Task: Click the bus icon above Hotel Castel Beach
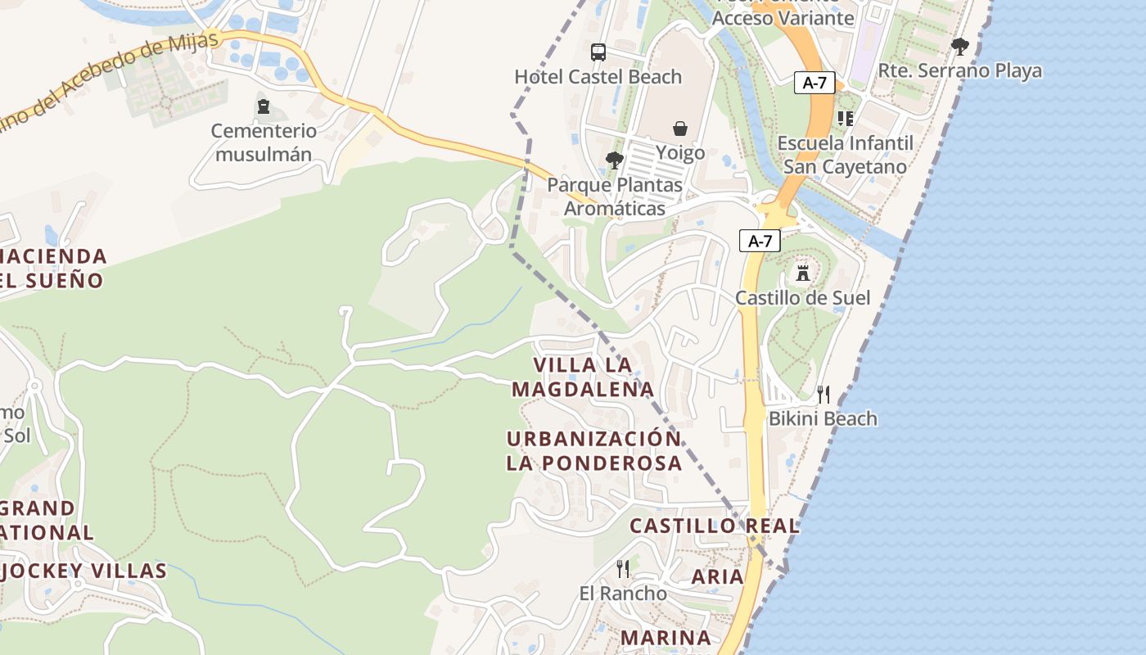pyautogui.click(x=598, y=52)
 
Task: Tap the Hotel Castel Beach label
pyautogui.click(x=598, y=77)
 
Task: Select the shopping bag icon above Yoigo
pyautogui.click(x=680, y=129)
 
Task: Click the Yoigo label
pyautogui.click(x=680, y=153)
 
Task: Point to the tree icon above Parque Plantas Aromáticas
pyautogui.click(x=614, y=160)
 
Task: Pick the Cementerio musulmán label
pyautogui.click(x=263, y=142)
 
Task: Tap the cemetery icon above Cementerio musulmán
pyautogui.click(x=264, y=106)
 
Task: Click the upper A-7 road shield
pyautogui.click(x=814, y=82)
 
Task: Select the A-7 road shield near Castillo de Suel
pyautogui.click(x=760, y=241)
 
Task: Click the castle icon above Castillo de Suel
pyautogui.click(x=803, y=273)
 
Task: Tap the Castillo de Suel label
pyautogui.click(x=802, y=297)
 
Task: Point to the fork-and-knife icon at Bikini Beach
pyautogui.click(x=823, y=395)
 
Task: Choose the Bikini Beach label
pyautogui.click(x=822, y=418)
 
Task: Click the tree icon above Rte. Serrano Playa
pyautogui.click(x=960, y=47)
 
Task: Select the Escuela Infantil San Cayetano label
pyautogui.click(x=845, y=155)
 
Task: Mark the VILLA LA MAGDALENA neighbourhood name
pyautogui.click(x=583, y=377)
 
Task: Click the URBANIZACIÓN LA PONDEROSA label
pyautogui.click(x=593, y=450)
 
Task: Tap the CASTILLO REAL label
pyautogui.click(x=714, y=526)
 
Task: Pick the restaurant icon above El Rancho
pyautogui.click(x=623, y=568)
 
